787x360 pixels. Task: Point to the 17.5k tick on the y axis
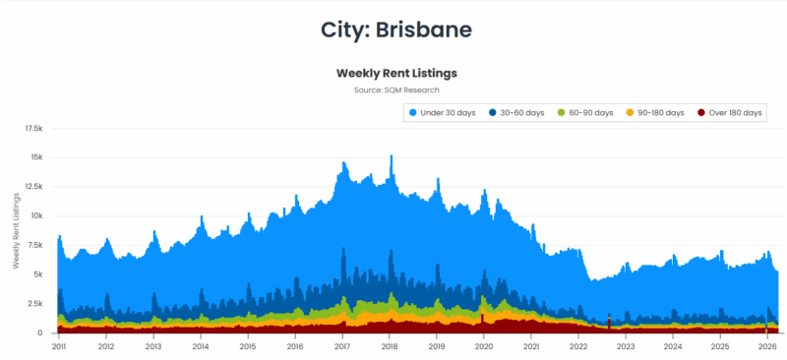(33, 128)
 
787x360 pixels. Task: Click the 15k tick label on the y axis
(37, 157)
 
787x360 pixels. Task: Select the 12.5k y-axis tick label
(33, 187)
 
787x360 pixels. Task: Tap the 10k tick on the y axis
(37, 215)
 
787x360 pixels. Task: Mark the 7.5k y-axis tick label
(35, 245)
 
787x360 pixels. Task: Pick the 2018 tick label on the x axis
(389, 346)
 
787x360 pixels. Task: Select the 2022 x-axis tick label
(578, 346)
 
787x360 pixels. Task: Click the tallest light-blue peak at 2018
(392, 157)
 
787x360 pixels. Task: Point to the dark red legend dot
(701, 113)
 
